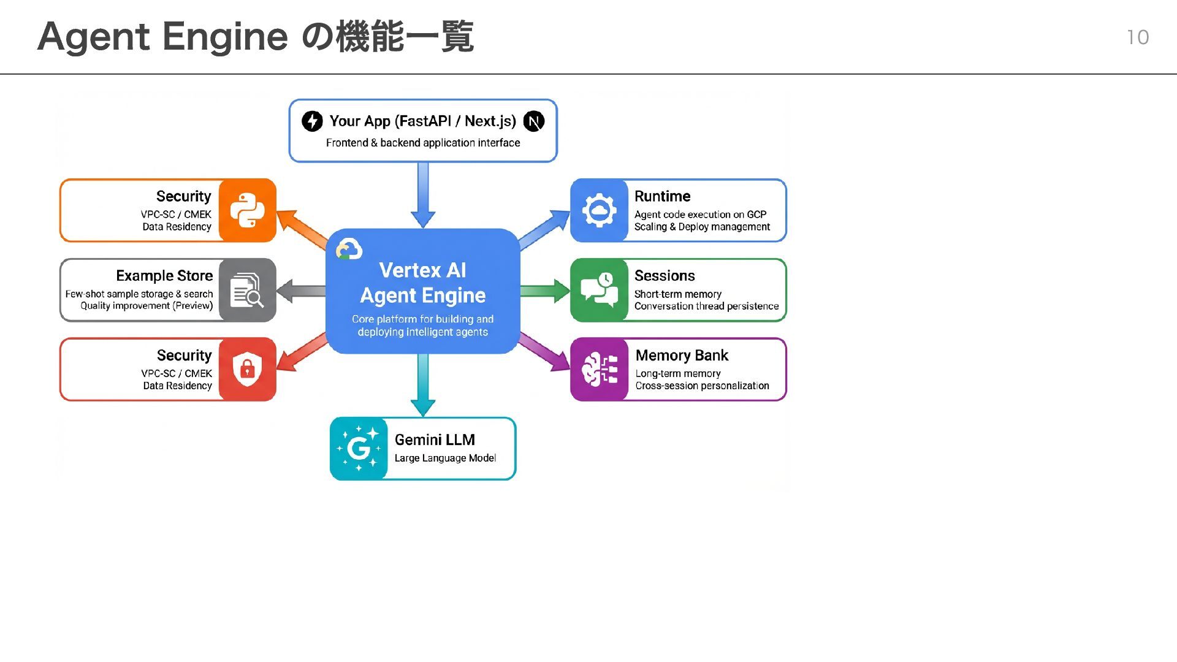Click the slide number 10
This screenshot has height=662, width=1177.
tap(1137, 37)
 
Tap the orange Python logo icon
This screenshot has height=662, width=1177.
tap(247, 210)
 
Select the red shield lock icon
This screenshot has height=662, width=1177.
tap(247, 369)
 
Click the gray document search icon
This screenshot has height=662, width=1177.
tap(247, 290)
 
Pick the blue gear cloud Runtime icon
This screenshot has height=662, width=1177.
tap(599, 210)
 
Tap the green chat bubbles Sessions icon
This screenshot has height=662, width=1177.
tap(599, 290)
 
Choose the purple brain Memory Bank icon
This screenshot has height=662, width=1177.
tap(599, 369)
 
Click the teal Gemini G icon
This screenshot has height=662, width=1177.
tap(359, 449)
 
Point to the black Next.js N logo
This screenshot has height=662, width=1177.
tap(534, 121)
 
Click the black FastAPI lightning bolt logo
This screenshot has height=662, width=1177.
tap(312, 121)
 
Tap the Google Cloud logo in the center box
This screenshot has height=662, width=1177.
tap(349, 249)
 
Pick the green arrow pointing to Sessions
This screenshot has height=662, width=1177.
tap(545, 291)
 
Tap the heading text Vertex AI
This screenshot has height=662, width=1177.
tap(422, 270)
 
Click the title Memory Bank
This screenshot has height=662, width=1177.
tap(682, 356)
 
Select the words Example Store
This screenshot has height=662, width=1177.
tap(164, 276)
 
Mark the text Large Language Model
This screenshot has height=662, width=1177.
tap(445, 458)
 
